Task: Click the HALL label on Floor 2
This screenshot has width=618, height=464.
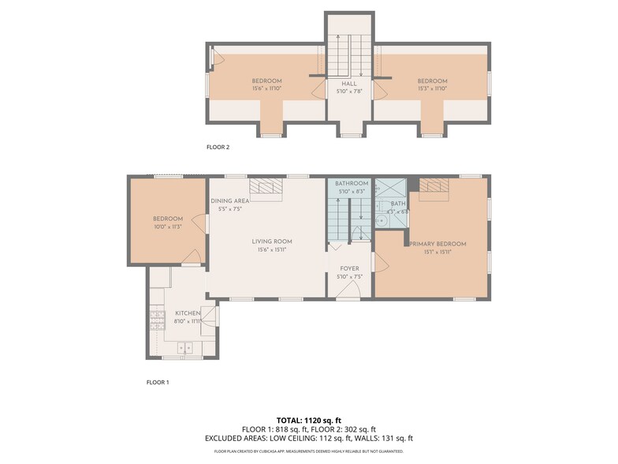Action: click(348, 84)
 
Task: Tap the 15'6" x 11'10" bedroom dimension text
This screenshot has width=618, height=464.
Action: click(266, 88)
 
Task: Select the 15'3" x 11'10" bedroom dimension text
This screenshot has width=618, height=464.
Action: click(432, 88)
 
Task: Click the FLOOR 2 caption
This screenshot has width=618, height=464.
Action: click(218, 147)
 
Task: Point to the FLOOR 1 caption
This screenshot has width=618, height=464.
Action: click(158, 382)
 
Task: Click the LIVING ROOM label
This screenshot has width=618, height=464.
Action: click(272, 241)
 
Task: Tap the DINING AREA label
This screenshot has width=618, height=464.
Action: click(229, 201)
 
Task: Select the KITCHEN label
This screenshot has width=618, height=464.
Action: click(187, 313)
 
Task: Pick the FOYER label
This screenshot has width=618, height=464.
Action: click(348, 268)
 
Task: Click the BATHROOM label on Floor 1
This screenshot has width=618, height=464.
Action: click(352, 183)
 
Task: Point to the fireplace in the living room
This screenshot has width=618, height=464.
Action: click(266, 186)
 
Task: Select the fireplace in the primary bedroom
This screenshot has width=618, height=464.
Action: click(433, 185)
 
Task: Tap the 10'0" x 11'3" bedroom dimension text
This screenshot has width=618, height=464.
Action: click(168, 226)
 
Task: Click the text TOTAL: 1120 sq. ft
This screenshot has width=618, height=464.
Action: click(308, 420)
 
